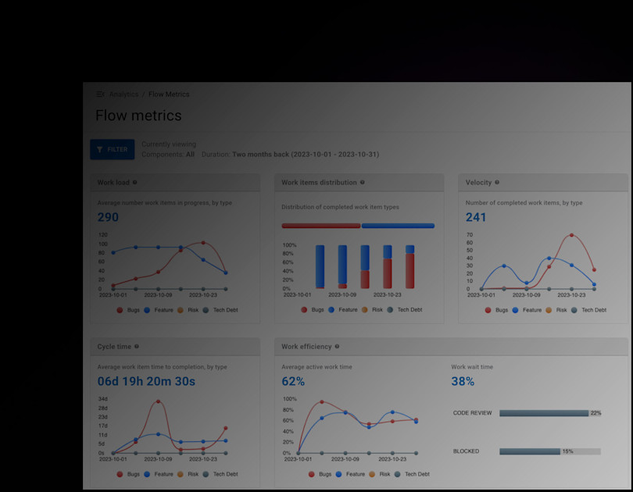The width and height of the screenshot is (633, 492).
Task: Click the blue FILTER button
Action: [112, 149]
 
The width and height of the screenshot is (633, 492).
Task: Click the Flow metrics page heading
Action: [138, 116]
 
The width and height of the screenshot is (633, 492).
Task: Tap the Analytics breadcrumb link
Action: [123, 94]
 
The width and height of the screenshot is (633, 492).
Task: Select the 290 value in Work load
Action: [108, 217]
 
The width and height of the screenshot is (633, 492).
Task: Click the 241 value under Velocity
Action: [476, 217]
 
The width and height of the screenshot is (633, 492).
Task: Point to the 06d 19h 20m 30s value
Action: [146, 382]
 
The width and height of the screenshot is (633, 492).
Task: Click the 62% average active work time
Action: [293, 382]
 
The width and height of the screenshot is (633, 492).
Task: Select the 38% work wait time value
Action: [463, 382]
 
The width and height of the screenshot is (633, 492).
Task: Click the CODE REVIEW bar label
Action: [473, 413]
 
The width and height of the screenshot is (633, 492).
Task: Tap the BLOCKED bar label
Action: [466, 451]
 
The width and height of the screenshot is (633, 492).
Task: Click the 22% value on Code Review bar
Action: [595, 413]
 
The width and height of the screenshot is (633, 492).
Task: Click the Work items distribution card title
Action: [318, 183]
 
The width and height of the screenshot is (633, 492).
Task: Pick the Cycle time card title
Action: [114, 347]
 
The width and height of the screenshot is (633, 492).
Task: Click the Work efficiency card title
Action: [306, 347]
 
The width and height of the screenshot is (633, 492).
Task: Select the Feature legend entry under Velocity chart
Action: [531, 310]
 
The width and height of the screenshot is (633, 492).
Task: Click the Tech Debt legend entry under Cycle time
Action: [225, 474]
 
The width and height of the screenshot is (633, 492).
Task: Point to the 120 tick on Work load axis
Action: [102, 234]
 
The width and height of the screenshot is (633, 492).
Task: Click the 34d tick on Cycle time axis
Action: [102, 399]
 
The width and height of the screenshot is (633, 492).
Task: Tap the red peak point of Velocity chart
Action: [571, 235]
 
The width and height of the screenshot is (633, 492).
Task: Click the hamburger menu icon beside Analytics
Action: [100, 94]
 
